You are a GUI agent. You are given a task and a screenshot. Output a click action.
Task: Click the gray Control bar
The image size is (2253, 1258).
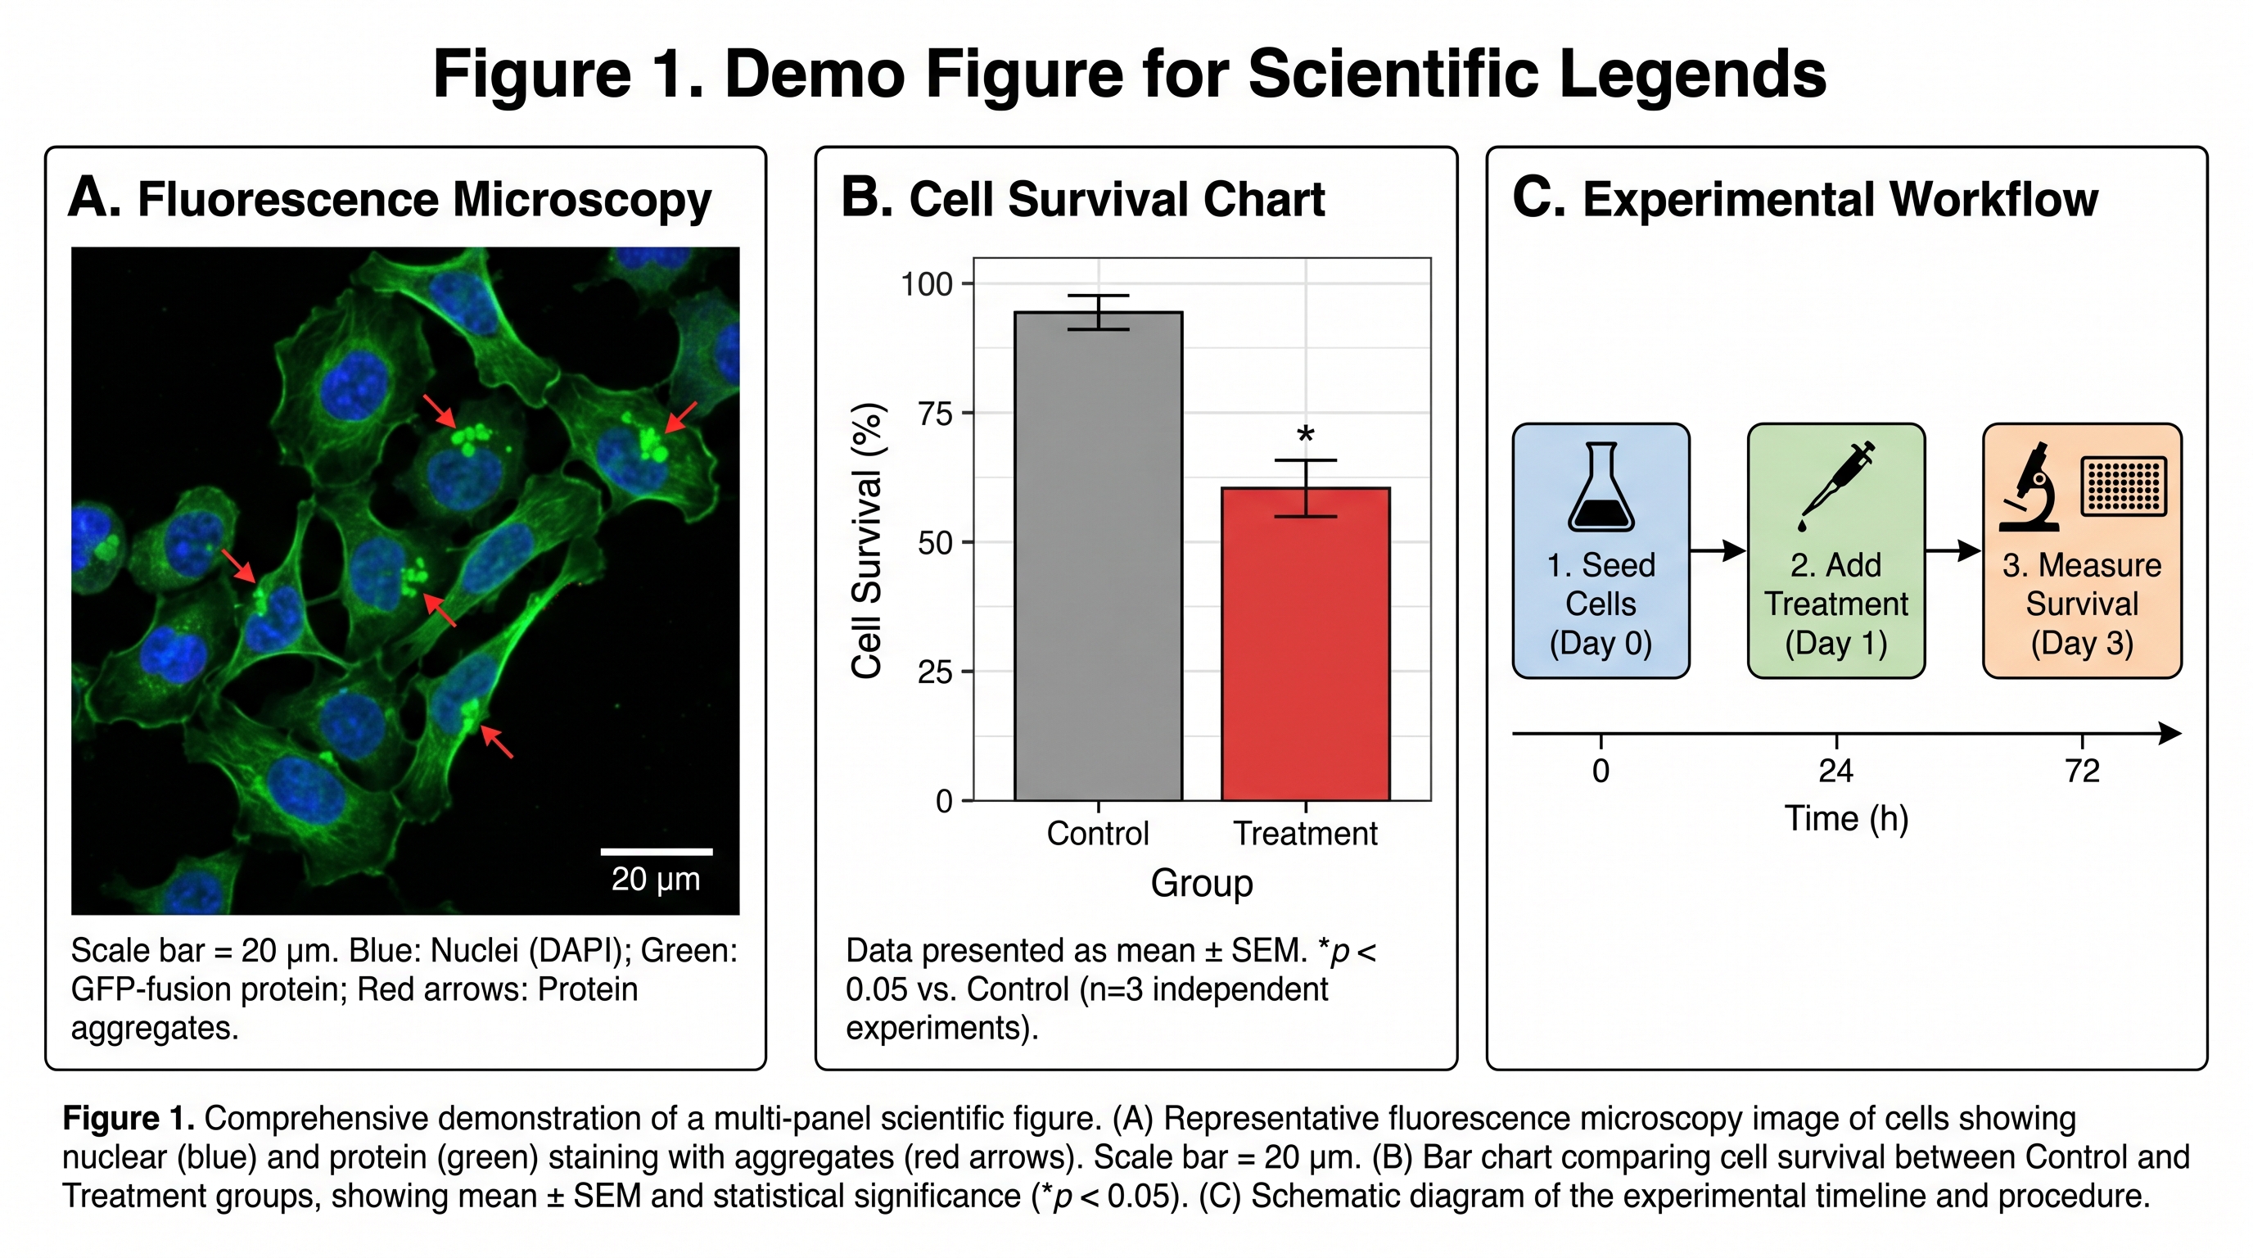pos(1098,560)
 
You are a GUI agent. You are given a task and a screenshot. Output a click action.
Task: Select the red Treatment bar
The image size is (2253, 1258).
pos(1305,647)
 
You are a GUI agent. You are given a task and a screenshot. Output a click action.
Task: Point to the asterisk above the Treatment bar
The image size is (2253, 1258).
pos(1305,435)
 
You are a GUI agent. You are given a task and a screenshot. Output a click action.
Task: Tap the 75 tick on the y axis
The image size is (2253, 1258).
pos(934,414)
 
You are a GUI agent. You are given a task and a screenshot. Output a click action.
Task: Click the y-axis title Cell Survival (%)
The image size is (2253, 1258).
pos(867,541)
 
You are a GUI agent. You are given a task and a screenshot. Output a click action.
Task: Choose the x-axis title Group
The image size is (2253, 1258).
pos(1201,883)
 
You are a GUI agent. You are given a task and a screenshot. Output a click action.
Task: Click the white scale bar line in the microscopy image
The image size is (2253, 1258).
pos(656,851)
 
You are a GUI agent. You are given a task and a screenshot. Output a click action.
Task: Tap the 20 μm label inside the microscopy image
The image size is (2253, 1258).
pos(656,878)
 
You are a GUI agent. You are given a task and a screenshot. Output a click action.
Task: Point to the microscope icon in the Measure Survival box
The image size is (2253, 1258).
pos(2031,487)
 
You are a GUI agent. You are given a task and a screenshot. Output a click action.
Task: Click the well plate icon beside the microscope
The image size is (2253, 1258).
pos(2123,486)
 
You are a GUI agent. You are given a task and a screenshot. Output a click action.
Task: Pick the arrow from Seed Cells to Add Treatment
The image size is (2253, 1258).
pos(1718,550)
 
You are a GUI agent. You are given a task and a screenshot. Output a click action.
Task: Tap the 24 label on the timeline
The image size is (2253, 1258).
pos(1835,771)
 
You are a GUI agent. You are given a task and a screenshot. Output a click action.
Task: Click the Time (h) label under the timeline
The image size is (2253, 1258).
pos(1845,819)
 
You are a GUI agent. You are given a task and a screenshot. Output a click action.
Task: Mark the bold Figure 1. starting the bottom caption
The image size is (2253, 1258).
pos(128,1118)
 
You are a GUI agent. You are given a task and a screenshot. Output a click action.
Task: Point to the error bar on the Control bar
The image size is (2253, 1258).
pos(1098,312)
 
